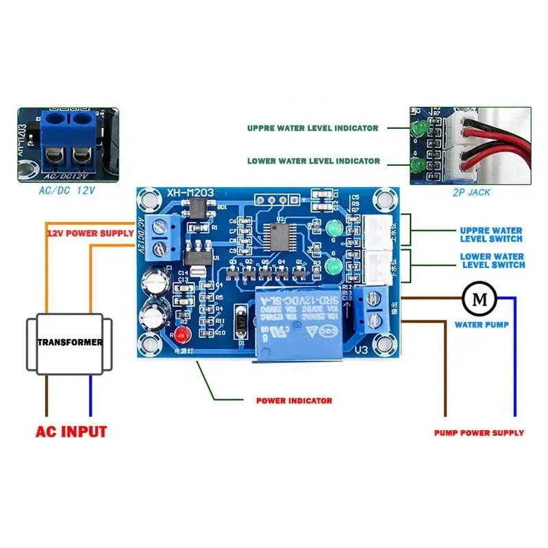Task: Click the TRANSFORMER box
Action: (70, 342)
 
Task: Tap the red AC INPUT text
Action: (71, 432)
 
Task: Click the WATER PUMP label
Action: (482, 325)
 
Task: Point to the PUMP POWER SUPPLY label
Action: (479, 433)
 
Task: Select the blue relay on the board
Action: (296, 322)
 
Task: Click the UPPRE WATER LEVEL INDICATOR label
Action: (313, 128)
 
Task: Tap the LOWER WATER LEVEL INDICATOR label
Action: (313, 162)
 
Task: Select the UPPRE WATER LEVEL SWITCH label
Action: (491, 235)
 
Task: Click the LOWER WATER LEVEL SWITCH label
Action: (493, 261)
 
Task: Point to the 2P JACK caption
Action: (473, 192)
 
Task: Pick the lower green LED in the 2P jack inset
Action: (415, 165)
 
